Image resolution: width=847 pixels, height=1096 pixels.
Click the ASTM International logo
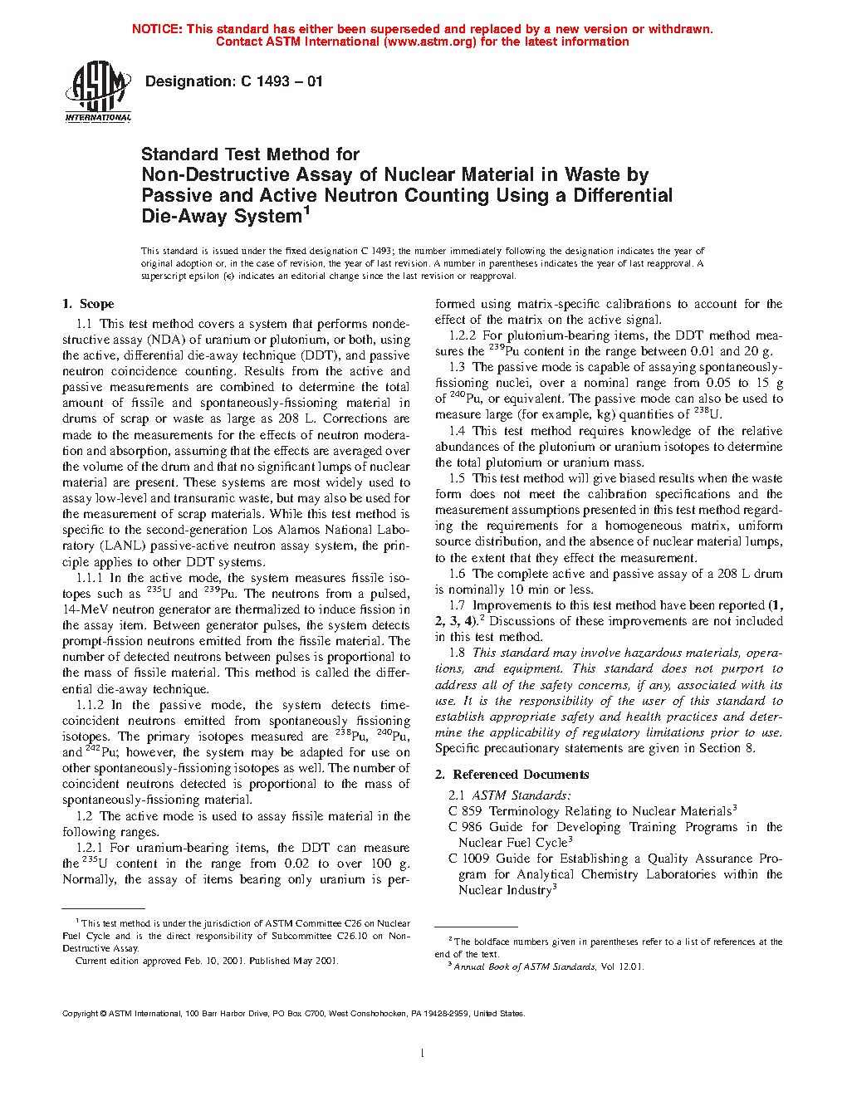[98, 93]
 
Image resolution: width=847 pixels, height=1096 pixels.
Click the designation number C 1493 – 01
[282, 81]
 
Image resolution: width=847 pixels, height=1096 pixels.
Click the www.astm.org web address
[429, 42]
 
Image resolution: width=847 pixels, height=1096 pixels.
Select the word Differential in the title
[623, 196]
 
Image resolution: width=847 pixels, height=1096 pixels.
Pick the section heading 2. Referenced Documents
[512, 775]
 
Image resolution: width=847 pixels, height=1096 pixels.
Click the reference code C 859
[465, 811]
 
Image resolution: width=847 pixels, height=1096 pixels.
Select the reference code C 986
[465, 827]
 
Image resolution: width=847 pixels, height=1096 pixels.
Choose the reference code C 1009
[469, 859]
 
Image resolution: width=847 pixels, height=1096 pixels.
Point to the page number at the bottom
[423, 1054]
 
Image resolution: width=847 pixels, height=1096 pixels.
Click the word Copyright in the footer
[81, 1014]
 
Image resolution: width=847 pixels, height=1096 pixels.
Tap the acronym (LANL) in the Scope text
[123, 546]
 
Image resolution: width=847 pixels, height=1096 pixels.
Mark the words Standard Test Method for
[250, 154]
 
